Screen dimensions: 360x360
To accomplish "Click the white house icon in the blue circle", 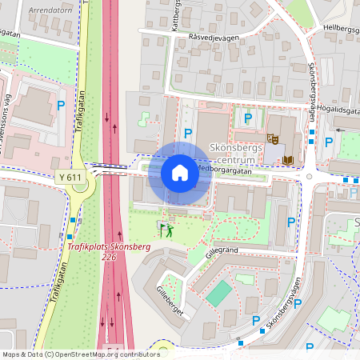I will coord(180,173).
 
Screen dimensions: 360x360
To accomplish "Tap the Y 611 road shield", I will coord(70,177).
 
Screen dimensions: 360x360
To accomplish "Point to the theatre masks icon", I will coord(273,138).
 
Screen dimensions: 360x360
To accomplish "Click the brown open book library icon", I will coord(288,160).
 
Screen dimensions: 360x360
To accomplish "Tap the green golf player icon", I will coord(166,230).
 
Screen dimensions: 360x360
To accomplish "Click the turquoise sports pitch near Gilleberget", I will coord(218,293).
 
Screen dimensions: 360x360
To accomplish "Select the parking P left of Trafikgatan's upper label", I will coord(61,104).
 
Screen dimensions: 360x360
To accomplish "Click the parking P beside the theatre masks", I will coord(248,118).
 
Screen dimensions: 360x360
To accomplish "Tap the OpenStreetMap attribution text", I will coord(80,354).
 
